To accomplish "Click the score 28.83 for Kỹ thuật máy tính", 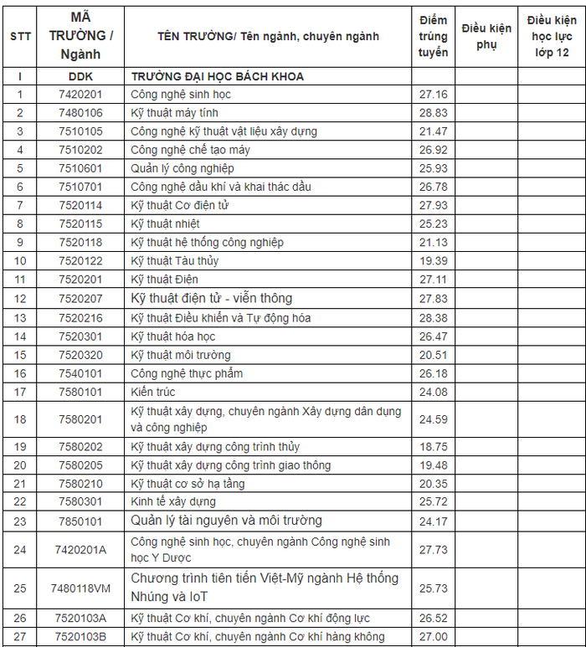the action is pyautogui.click(x=433, y=113).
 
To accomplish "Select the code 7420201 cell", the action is pyautogui.click(x=80, y=95).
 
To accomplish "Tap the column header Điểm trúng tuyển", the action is pyautogui.click(x=433, y=36).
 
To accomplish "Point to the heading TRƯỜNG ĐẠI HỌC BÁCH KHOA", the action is pyautogui.click(x=217, y=76).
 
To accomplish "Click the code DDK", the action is pyautogui.click(x=80, y=76).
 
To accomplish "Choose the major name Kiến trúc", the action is pyautogui.click(x=153, y=392).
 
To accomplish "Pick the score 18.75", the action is pyautogui.click(x=433, y=447).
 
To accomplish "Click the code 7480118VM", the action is pyautogui.click(x=80, y=588).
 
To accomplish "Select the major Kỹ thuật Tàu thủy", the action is pyautogui.click(x=175, y=260).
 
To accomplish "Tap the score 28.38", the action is pyautogui.click(x=433, y=318).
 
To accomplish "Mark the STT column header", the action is pyautogui.click(x=20, y=36).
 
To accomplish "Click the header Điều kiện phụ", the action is pyautogui.click(x=486, y=36).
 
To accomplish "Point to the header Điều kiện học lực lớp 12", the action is pyautogui.click(x=551, y=36).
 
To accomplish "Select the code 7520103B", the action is pyautogui.click(x=80, y=637).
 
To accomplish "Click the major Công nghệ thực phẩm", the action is pyautogui.click(x=187, y=373).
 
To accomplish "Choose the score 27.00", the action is pyautogui.click(x=433, y=637).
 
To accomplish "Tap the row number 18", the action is pyautogui.click(x=20, y=419).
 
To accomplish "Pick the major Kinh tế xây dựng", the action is pyautogui.click(x=173, y=502).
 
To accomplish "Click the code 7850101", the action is pyautogui.click(x=80, y=521).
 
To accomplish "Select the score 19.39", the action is pyautogui.click(x=433, y=260).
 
